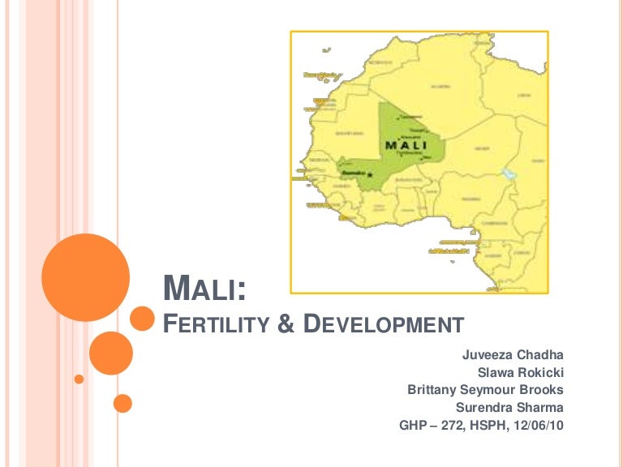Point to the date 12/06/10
point(539,426)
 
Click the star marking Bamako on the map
point(370,174)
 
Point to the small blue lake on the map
point(509,173)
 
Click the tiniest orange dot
point(79,378)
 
